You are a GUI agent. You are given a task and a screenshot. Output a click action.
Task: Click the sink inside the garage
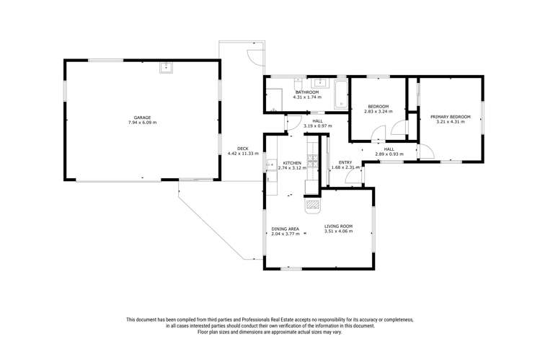(166, 68)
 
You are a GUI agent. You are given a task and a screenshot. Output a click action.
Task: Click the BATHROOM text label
(307, 92)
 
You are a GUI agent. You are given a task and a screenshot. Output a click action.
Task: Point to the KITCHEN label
(291, 163)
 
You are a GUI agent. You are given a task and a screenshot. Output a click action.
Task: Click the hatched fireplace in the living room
(312, 205)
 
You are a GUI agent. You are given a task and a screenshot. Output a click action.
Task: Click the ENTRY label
(345, 162)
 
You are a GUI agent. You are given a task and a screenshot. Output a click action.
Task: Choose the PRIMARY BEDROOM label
(451, 117)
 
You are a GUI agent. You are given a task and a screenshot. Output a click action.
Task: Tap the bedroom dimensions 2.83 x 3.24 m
(378, 112)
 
